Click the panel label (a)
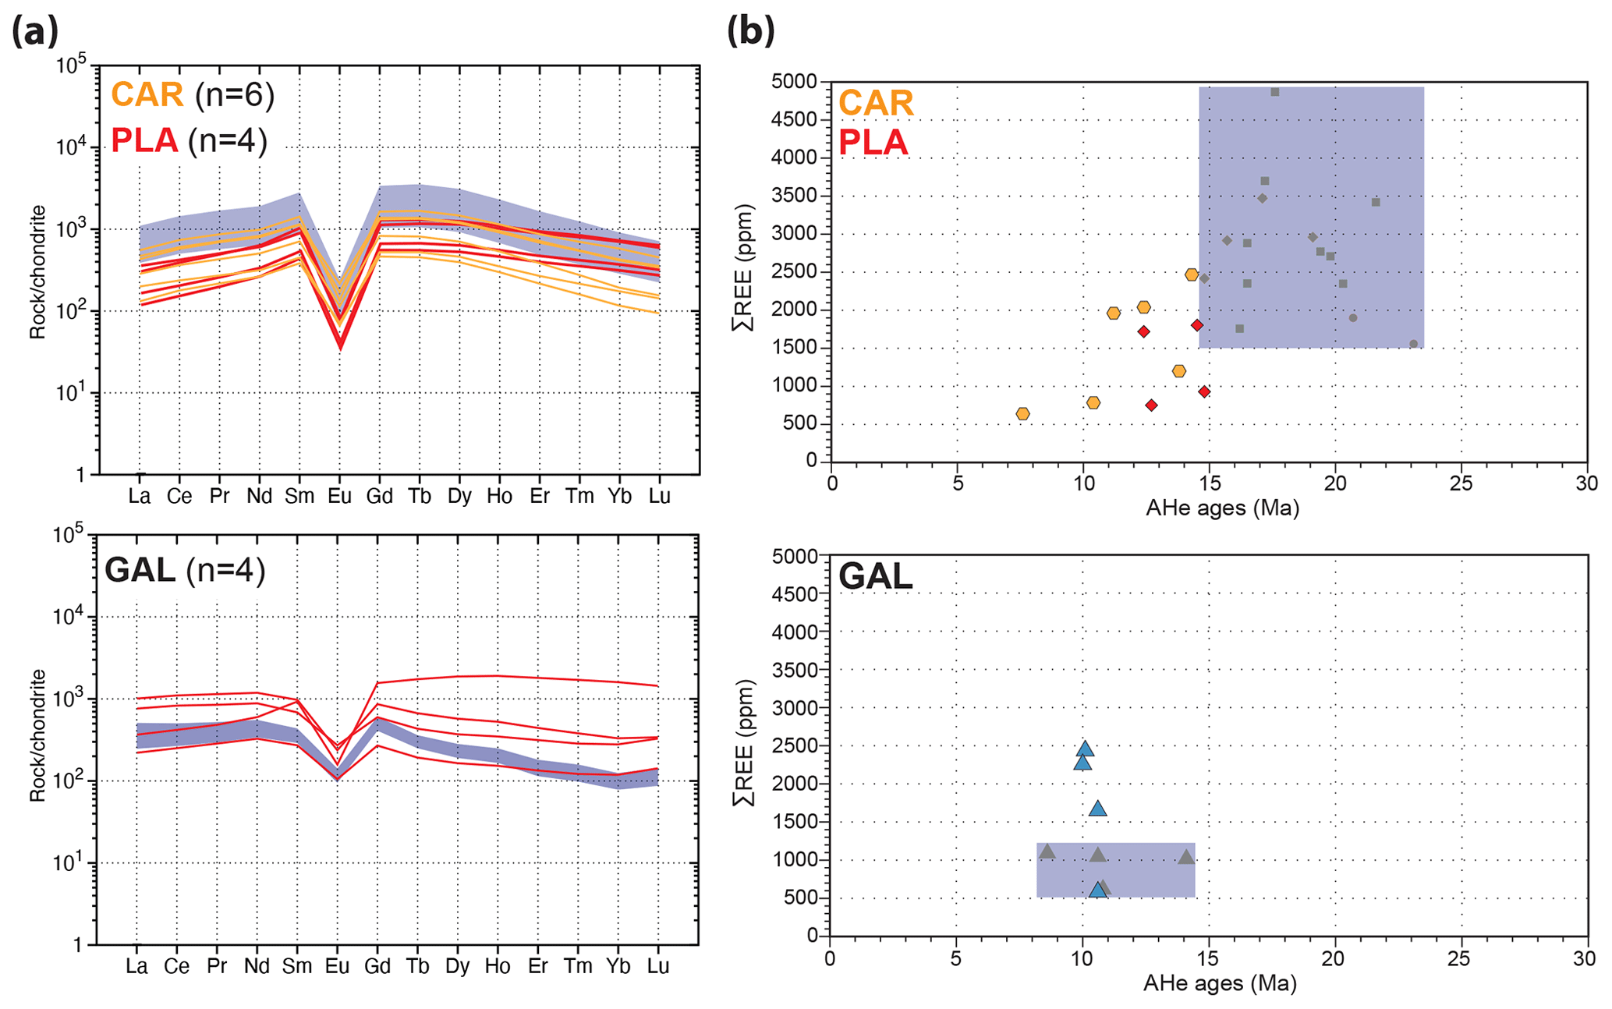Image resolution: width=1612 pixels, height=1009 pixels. [35, 33]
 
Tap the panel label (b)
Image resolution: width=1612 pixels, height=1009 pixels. [750, 33]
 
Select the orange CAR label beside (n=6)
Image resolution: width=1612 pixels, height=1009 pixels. [147, 95]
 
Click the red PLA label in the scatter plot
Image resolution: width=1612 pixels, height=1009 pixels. [873, 143]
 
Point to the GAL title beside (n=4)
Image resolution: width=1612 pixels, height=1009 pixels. [140, 570]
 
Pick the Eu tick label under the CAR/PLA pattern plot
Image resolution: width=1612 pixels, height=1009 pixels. [339, 496]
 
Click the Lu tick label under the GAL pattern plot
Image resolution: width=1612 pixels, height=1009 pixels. [658, 966]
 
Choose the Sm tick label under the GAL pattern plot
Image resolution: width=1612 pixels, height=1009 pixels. [297, 966]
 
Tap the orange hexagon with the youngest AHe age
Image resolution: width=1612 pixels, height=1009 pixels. [1022, 414]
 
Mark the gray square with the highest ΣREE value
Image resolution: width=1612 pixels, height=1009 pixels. [1275, 92]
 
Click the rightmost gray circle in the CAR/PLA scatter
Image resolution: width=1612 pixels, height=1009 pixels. [1413, 344]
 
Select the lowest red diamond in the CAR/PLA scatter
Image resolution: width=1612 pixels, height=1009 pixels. [1151, 405]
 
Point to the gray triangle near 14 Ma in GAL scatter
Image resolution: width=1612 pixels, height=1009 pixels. [1186, 857]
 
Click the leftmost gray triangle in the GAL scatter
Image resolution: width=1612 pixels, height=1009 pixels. [1047, 851]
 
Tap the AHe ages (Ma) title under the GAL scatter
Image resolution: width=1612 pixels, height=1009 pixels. [1220, 984]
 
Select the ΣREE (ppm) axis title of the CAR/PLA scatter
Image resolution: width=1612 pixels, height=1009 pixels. [745, 267]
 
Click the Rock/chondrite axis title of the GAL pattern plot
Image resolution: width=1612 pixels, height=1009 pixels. [37, 735]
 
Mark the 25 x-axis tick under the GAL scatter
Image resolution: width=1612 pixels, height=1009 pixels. [1458, 958]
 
